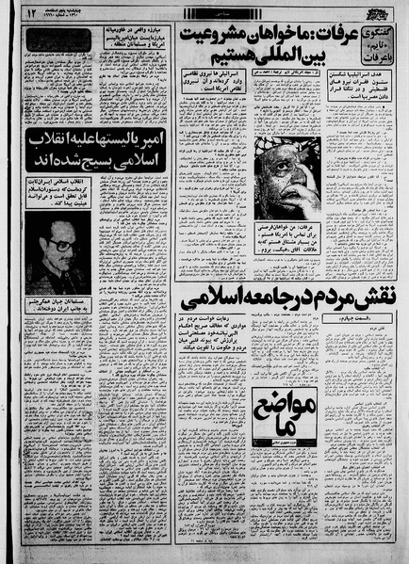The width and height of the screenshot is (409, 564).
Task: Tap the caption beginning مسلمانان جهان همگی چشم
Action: [x=58, y=306]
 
